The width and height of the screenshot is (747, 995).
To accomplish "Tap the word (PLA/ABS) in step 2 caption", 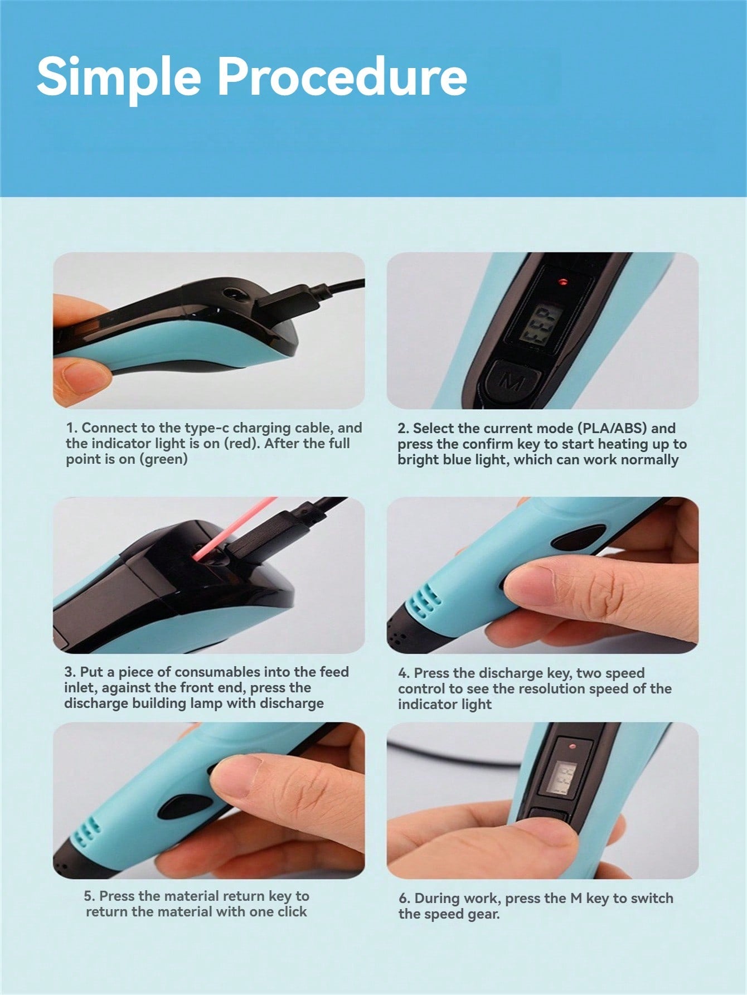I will [x=612, y=428].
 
